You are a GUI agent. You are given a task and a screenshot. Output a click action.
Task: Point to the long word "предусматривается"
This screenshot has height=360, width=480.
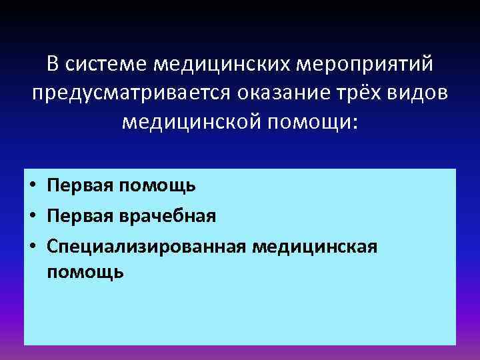pos(131,94)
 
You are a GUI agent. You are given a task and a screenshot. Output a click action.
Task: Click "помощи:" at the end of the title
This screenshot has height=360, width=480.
pos(311,123)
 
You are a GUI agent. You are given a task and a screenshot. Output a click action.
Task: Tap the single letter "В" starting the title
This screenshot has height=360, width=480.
pos(54,65)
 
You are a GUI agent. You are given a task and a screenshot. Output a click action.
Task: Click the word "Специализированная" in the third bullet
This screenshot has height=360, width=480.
pos(147,247)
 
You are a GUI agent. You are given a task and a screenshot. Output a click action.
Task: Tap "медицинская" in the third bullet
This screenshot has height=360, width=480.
pos(315,247)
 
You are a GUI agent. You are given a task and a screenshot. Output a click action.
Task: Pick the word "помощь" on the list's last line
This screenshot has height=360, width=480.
pos(85,271)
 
